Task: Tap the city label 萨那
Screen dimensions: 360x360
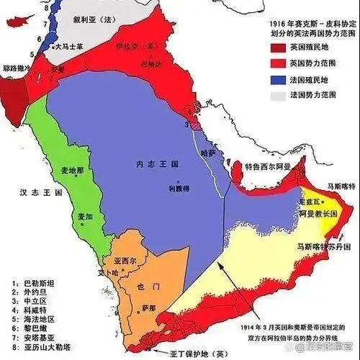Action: [x=149, y=307]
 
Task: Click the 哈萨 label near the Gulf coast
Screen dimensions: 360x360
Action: [x=208, y=153]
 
